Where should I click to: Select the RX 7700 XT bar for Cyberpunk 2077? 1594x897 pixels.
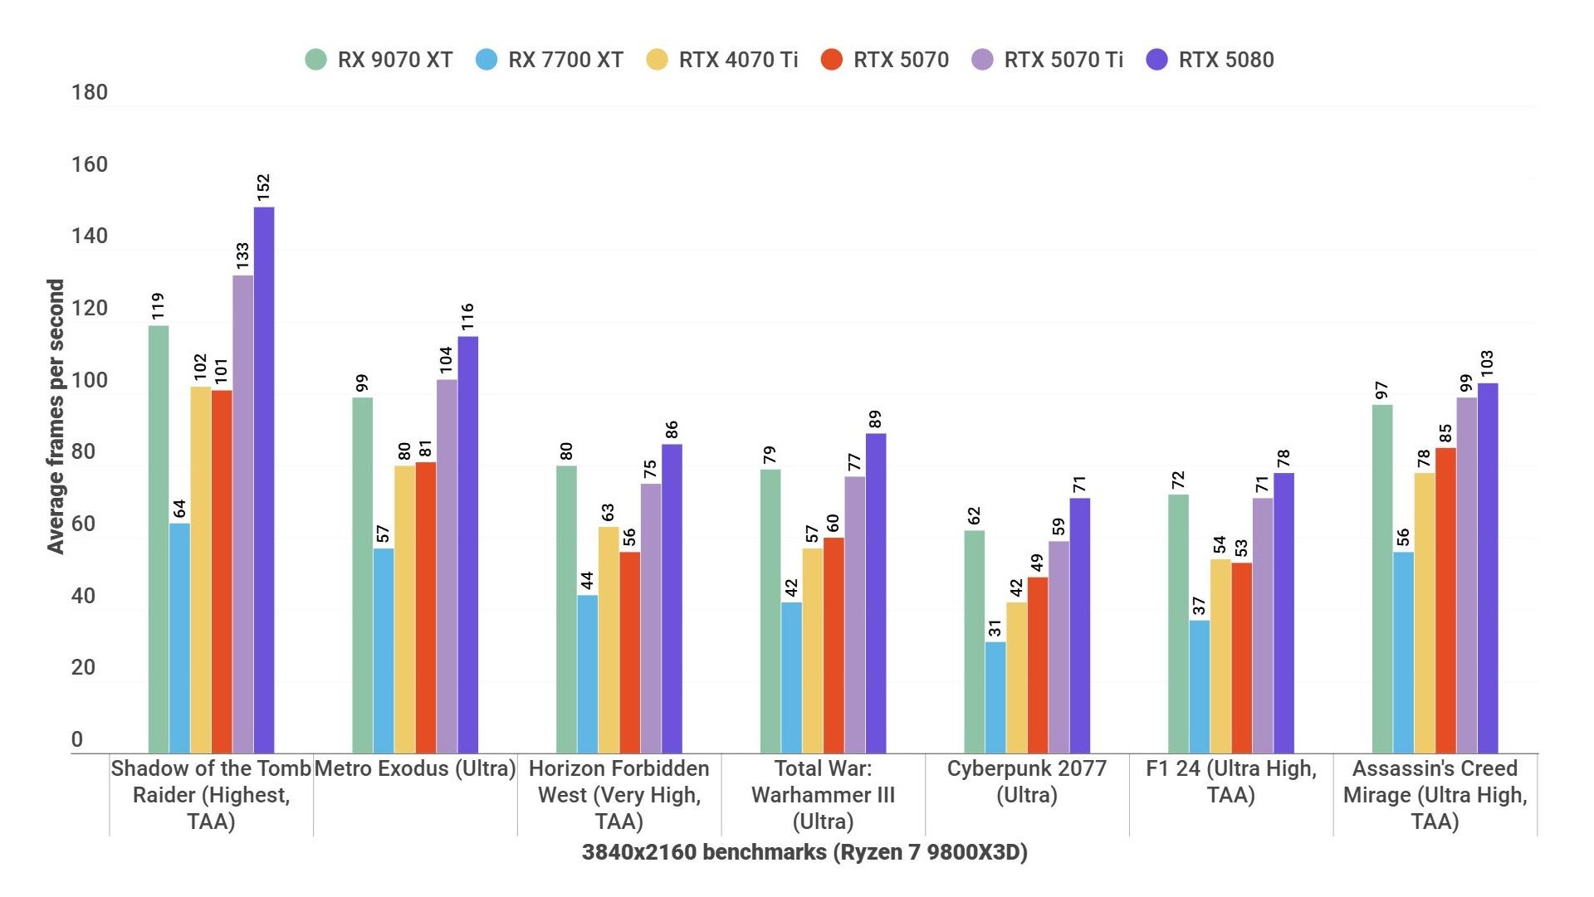tap(995, 697)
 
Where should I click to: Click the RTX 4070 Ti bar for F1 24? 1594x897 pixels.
tap(1220, 656)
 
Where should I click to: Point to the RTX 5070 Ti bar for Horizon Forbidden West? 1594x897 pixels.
tap(651, 618)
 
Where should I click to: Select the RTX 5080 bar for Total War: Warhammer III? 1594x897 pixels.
tap(876, 593)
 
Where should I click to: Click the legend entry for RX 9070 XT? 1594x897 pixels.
tap(379, 60)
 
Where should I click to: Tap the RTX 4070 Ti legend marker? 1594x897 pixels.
tap(657, 60)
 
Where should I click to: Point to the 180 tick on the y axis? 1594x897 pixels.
tap(90, 92)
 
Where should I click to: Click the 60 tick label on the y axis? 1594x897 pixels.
tap(83, 524)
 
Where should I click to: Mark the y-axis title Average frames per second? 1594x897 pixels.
tap(56, 417)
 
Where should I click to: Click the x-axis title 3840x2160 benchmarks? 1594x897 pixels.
tap(804, 852)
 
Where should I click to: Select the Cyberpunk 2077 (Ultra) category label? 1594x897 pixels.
tap(1027, 781)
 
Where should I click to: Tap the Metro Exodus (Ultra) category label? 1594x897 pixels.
tap(415, 768)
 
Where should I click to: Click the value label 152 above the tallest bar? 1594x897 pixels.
tap(264, 187)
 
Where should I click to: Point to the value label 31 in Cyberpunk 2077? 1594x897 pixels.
tap(995, 627)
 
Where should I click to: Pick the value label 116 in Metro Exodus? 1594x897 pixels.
tap(467, 316)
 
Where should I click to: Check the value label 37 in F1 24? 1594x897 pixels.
tap(1200, 606)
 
